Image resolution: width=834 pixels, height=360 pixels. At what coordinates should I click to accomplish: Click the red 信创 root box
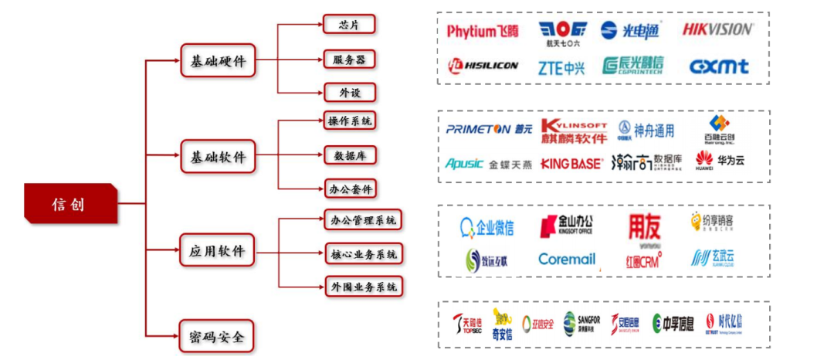(70, 204)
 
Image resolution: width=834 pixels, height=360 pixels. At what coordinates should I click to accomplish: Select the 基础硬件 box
(218, 59)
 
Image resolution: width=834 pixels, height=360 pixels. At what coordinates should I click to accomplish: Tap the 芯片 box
(348, 24)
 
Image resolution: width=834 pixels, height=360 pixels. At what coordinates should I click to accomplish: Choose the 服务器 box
(349, 59)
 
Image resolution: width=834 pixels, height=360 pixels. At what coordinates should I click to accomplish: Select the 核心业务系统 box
(363, 253)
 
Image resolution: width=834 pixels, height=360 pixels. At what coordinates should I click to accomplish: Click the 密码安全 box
(217, 337)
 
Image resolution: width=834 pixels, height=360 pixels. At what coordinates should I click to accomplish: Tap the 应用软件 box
(217, 251)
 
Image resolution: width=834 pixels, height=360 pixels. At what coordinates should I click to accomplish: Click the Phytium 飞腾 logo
(483, 31)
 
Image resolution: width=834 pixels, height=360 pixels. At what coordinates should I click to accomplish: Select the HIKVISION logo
(717, 29)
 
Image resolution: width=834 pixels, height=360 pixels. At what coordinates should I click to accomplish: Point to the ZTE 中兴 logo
(561, 67)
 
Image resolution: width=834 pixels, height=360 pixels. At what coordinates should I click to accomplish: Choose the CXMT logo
(718, 66)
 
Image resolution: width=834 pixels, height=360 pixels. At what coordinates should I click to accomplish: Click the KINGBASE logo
(571, 163)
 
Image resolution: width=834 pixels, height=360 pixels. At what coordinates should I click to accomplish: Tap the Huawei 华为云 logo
(720, 161)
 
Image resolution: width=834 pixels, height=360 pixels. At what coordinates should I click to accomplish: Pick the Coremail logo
(567, 260)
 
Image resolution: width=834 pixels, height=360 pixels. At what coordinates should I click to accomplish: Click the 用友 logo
(644, 226)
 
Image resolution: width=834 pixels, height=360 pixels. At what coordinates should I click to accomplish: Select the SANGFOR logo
(581, 322)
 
